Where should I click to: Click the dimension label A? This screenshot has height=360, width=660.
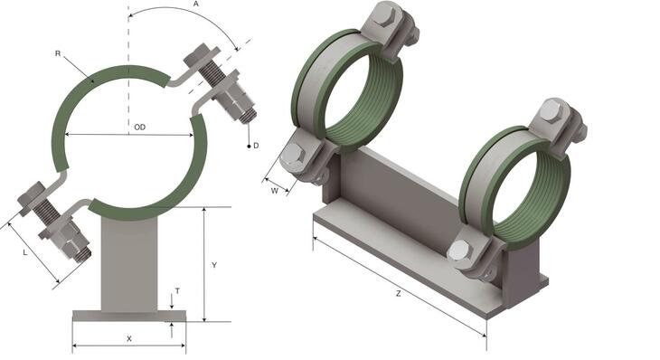pyautogui.click(x=196, y=5)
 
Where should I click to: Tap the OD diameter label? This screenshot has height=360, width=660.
pyautogui.click(x=139, y=127)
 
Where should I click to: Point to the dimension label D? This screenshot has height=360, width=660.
pyautogui.click(x=256, y=145)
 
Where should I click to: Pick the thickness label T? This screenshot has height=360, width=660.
pyautogui.click(x=176, y=291)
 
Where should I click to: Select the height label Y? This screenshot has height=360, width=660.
pyautogui.click(x=213, y=265)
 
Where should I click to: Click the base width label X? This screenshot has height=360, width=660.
pyautogui.click(x=129, y=338)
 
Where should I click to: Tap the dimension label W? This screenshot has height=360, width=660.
pyautogui.click(x=274, y=191)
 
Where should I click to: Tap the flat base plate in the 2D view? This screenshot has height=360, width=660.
pyautogui.click(x=128, y=316)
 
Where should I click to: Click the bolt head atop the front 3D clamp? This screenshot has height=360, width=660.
pyautogui.click(x=551, y=110)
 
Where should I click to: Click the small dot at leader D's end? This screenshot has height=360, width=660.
pyautogui.click(x=248, y=145)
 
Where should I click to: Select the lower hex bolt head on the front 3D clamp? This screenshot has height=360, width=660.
pyautogui.click(x=459, y=251)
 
